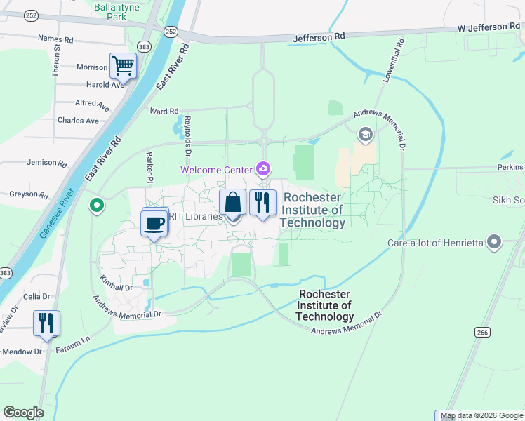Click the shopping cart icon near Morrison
123,67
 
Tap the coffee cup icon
154,223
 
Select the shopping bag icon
232,202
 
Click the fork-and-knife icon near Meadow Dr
46,323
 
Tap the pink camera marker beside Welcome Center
263,168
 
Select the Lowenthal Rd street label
392,61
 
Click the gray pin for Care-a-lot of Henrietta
495,243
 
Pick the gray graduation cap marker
365,133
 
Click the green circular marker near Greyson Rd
96,206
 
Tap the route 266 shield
481,332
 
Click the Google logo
23,412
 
